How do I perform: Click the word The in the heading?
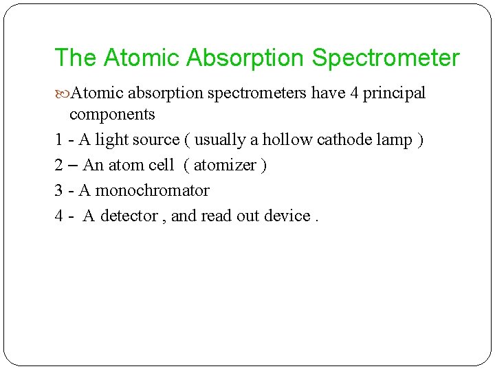pyautogui.click(x=76, y=58)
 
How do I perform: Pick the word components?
pyautogui.click(x=112, y=113)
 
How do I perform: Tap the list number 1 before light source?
pyautogui.click(x=58, y=140)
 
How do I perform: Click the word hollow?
pyautogui.click(x=288, y=140)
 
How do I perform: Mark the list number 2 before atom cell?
pyautogui.click(x=59, y=166)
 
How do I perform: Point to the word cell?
pyautogui.click(x=162, y=166)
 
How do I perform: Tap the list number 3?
pyautogui.click(x=59, y=190)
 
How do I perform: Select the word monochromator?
pyautogui.click(x=152, y=190)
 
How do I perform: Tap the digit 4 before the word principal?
pyautogui.click(x=354, y=93)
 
